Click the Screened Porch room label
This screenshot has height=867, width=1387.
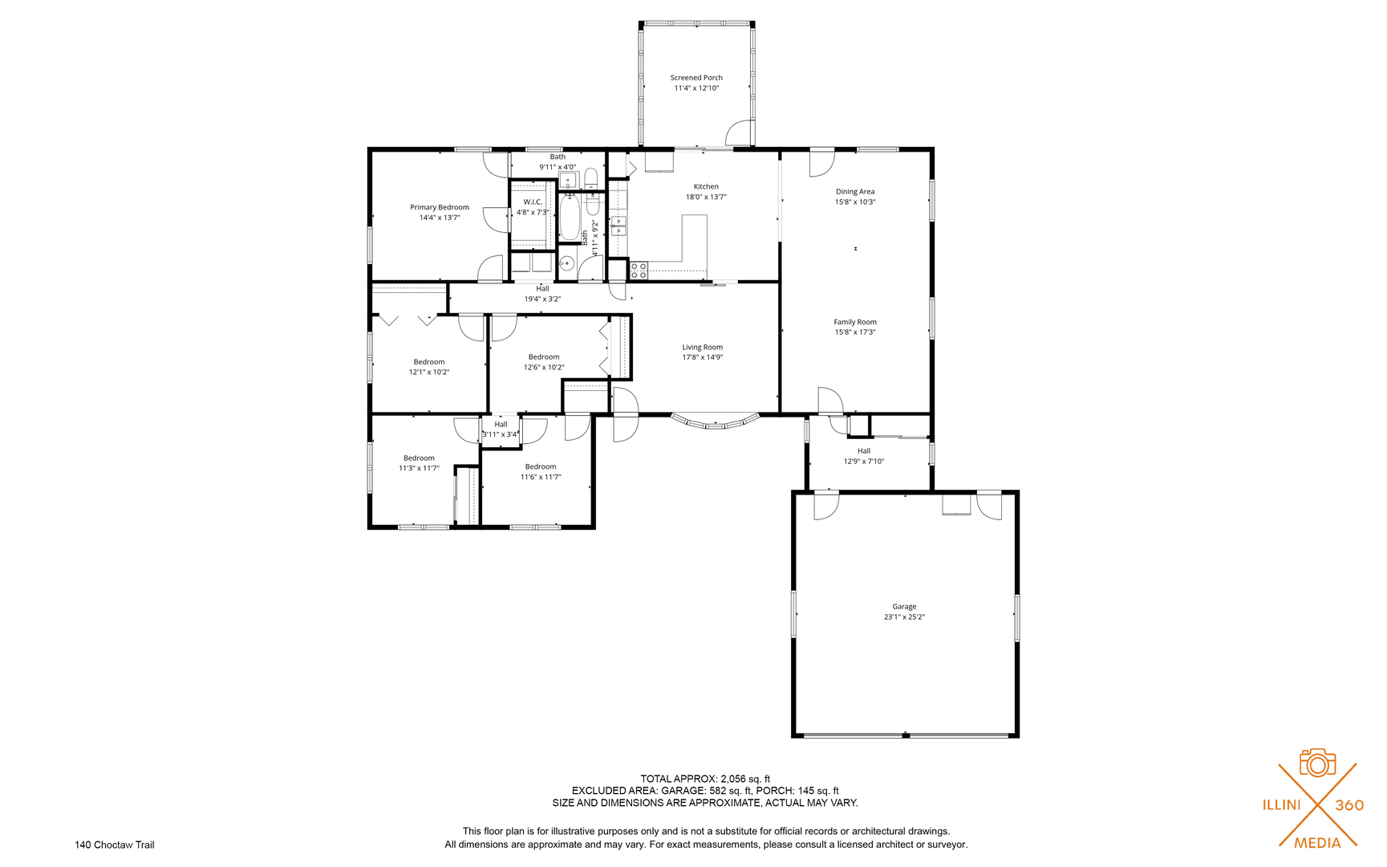(696, 78)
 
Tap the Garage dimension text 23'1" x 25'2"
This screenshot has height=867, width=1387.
(904, 617)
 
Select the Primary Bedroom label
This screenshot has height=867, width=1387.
(440, 207)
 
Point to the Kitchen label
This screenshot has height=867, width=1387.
(706, 186)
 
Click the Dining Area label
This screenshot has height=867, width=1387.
(855, 192)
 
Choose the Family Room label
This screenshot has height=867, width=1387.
(855, 322)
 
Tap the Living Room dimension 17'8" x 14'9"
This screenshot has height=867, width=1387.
(703, 357)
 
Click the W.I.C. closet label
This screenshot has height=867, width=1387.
(533, 202)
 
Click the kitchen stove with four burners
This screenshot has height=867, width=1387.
(639, 270)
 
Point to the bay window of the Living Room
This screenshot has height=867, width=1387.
(715, 422)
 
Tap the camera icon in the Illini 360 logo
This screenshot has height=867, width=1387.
(1317, 763)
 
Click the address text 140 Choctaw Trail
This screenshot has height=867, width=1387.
(115, 845)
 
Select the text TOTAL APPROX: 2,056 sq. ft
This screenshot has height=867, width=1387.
(705, 779)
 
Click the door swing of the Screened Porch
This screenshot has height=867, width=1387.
(739, 132)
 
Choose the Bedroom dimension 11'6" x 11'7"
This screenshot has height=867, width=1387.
(541, 477)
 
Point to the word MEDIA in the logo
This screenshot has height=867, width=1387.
(1317, 843)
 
